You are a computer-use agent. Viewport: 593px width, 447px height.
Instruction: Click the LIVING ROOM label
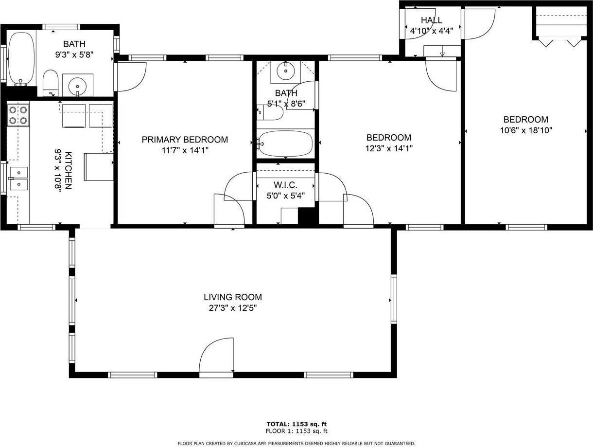click(232, 297)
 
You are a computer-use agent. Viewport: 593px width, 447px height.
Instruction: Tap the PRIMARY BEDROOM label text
click(185, 140)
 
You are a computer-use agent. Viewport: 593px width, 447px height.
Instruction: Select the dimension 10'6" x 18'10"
click(525, 130)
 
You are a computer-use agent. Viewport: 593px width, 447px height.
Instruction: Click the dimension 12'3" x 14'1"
click(388, 148)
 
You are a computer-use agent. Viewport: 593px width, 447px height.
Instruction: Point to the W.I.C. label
click(286, 185)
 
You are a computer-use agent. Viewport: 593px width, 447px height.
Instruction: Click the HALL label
click(431, 20)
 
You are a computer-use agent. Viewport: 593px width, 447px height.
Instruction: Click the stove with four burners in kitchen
click(18, 115)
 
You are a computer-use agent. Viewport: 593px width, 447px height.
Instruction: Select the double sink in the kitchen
click(18, 178)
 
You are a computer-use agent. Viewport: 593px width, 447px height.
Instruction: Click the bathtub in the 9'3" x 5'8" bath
click(21, 58)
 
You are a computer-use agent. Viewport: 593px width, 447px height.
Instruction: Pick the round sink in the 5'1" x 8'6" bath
click(285, 72)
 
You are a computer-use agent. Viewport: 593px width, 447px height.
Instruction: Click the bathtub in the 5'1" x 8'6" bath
click(285, 143)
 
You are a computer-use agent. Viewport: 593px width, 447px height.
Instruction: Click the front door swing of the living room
click(216, 356)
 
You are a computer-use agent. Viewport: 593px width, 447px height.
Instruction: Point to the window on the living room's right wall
click(394, 300)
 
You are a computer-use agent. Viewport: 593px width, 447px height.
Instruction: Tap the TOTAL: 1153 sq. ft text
click(296, 424)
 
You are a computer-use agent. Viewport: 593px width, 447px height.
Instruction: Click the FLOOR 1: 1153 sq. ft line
click(296, 431)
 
